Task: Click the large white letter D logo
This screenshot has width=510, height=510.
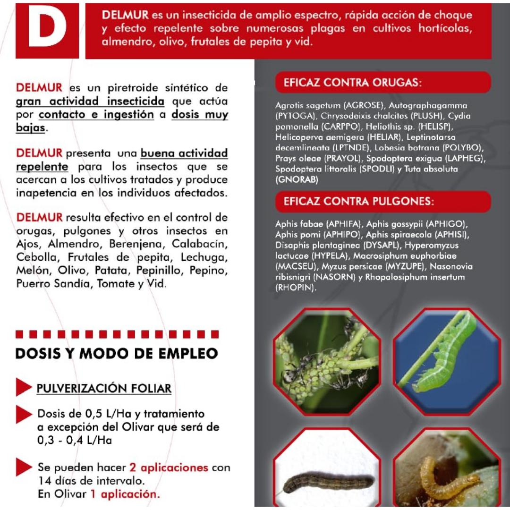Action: click(x=47, y=30)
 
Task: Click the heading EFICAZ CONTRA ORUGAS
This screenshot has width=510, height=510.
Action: click(x=352, y=83)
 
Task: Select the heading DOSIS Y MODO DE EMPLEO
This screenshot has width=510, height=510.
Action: click(x=117, y=354)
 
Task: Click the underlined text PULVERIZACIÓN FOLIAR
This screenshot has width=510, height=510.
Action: click(x=104, y=389)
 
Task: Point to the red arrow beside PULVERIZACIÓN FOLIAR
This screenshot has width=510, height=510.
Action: click(x=23, y=387)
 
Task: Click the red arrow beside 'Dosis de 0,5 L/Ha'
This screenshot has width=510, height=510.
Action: click(x=23, y=414)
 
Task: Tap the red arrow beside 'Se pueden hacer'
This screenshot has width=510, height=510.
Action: click(x=23, y=467)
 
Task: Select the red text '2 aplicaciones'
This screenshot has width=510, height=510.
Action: click(x=169, y=467)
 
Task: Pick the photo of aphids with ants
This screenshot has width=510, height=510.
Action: click(x=327, y=361)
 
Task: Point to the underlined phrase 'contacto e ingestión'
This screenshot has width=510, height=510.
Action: click(x=96, y=115)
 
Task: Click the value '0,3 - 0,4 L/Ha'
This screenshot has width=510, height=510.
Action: click(x=75, y=441)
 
